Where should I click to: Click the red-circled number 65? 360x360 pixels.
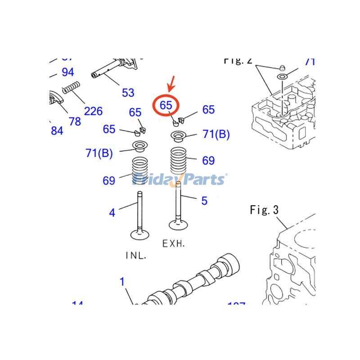pos(166,105)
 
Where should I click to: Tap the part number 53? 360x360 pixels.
pos(128,93)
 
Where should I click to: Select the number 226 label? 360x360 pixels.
pos(93,111)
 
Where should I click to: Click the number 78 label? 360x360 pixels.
pos(75,121)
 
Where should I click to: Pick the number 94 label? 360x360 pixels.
pos(67,72)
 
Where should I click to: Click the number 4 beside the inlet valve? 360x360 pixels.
pos(112,212)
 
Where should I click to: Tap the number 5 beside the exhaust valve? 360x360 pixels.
pos(204,201)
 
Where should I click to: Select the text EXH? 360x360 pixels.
pos(173,243)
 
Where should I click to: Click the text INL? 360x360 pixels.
pos(135,255)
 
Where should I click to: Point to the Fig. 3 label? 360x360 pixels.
pos(264,210)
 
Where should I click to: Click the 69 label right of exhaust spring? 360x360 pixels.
pos(208,161)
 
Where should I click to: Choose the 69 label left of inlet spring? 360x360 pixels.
pos(109,181)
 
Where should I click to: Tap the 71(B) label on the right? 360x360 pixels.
pos(216,134)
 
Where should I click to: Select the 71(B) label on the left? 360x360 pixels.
pos(99,153)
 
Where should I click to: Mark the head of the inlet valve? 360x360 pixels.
pos(140,234)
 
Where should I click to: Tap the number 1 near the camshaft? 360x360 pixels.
pos(122,282)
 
